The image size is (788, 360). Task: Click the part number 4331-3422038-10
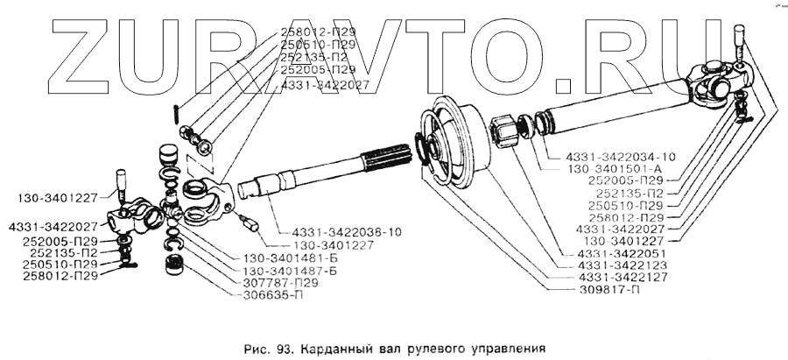(x=334, y=233)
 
